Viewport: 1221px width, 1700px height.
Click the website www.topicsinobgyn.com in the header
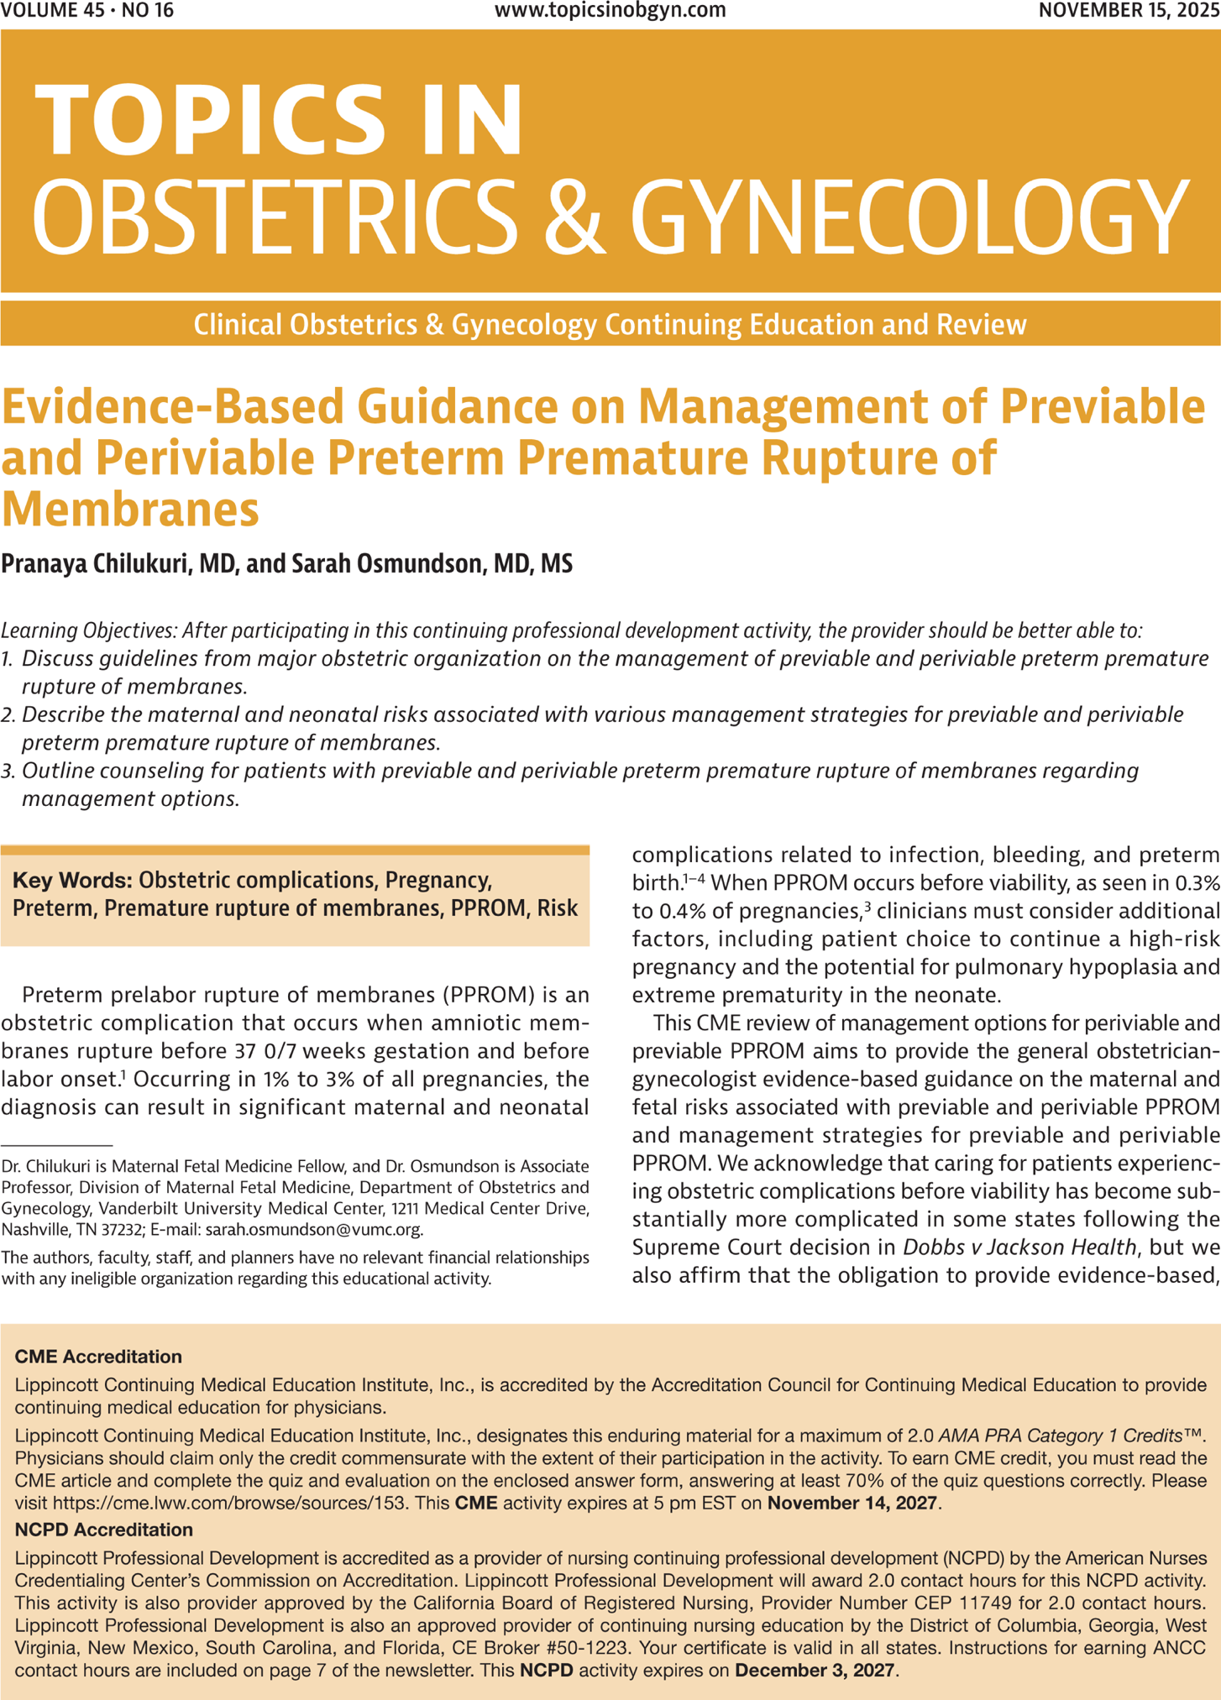pyautogui.click(x=610, y=11)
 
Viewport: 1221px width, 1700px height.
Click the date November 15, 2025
pyautogui.click(x=1129, y=11)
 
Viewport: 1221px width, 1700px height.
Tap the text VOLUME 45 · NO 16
pyautogui.click(x=88, y=11)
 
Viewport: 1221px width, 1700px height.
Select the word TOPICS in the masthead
pyautogui.click(x=210, y=122)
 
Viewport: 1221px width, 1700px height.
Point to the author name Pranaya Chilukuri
pyautogui.click(x=95, y=563)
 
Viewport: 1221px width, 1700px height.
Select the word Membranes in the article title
pyautogui.click(x=130, y=509)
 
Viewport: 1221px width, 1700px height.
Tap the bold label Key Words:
pyautogui.click(x=72, y=880)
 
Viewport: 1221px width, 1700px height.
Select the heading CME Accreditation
pyautogui.click(x=98, y=1357)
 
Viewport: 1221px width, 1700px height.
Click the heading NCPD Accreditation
pyautogui.click(x=104, y=1530)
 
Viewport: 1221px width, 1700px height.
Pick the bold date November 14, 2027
pyautogui.click(x=853, y=1503)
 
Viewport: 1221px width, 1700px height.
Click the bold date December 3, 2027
pyautogui.click(x=815, y=1671)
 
